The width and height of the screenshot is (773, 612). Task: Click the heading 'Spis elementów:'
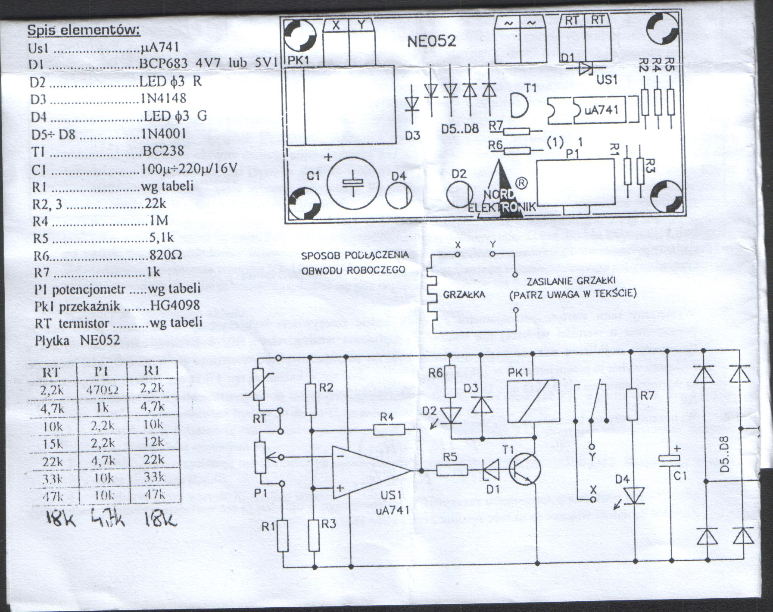[84, 30]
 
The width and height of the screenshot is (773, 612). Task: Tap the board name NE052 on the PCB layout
[431, 41]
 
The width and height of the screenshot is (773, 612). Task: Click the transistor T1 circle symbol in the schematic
[524, 469]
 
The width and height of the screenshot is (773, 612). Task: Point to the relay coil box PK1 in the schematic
[533, 401]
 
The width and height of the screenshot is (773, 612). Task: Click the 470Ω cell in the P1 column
[103, 390]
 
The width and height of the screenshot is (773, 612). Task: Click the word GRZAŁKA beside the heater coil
[464, 295]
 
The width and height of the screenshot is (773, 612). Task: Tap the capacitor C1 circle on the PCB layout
[352, 181]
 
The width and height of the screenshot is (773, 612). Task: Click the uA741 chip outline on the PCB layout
[592, 110]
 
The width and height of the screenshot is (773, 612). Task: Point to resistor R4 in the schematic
[389, 430]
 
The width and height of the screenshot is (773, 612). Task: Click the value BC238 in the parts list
[163, 151]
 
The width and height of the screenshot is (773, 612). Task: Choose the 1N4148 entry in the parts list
[164, 99]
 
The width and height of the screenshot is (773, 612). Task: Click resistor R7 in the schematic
[632, 403]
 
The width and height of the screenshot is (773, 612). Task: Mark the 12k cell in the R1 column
[153, 442]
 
